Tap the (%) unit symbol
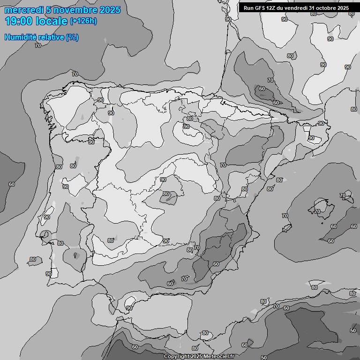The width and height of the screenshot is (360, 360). click(x=72, y=37)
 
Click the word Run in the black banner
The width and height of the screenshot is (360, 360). click(x=248, y=8)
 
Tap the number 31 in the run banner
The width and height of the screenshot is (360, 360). click(x=313, y=8)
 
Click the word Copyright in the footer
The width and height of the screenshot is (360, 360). click(x=177, y=356)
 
